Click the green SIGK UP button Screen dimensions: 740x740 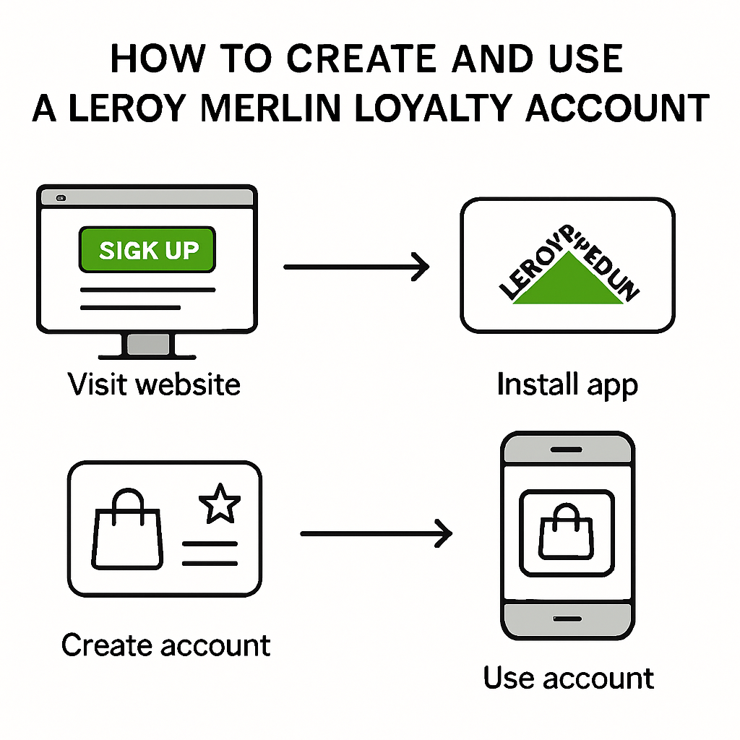pyautogui.click(x=147, y=249)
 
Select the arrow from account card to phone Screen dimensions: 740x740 pyautogui.click(x=376, y=534)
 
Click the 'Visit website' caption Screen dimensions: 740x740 pyautogui.click(x=154, y=383)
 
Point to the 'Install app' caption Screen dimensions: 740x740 pyautogui.click(x=567, y=384)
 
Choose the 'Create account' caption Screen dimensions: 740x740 pyautogui.click(x=165, y=645)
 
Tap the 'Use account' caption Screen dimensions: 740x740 pyautogui.click(x=568, y=678)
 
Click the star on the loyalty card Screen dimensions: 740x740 pyautogui.click(x=220, y=504)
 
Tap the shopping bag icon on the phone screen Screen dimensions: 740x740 pyautogui.click(x=567, y=533)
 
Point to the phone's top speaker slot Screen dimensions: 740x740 pyautogui.click(x=567, y=449)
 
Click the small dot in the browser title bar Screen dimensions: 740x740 pyautogui.click(x=61, y=197)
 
